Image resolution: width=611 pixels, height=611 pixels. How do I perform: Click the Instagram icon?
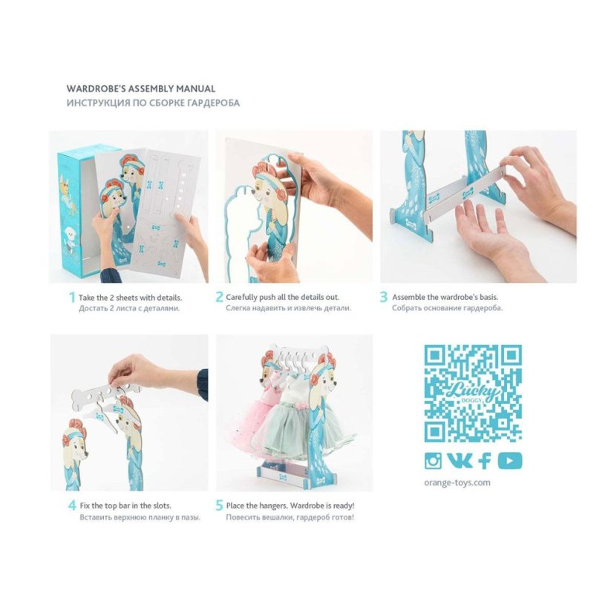click(433, 461)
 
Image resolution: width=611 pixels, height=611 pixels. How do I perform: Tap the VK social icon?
click(460, 460)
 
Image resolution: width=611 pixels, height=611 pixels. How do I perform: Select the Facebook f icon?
click(485, 461)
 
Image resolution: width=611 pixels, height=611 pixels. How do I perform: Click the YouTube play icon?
click(510, 461)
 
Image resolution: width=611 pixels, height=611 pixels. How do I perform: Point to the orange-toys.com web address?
click(457, 483)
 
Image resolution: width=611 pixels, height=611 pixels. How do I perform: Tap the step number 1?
click(72, 298)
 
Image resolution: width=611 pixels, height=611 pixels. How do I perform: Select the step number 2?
click(220, 297)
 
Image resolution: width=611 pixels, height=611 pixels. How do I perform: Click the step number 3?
click(384, 297)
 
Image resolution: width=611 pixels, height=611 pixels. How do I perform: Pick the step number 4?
click(72, 506)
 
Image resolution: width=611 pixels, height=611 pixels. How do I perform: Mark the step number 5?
click(220, 506)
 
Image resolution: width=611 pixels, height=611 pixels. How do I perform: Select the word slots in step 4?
click(161, 506)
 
